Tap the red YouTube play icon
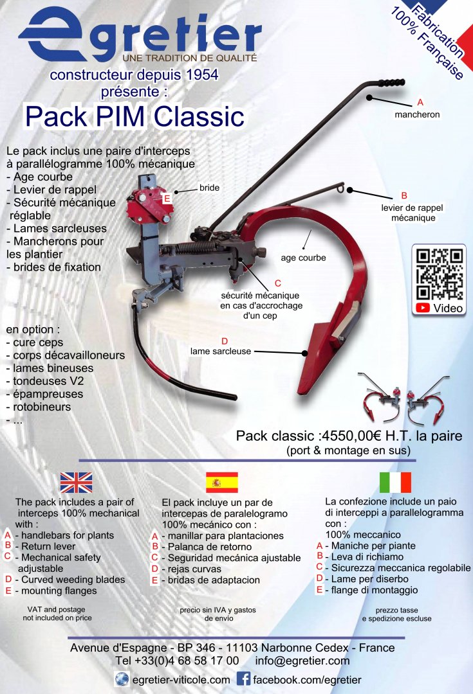coord(422,308)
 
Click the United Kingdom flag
coord(76,482)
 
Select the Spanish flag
coord(221,482)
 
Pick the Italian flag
coord(395,482)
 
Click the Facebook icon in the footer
coord(244,679)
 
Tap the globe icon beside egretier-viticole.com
coord(122,679)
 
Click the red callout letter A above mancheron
coord(420,103)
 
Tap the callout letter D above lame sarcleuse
coord(225,341)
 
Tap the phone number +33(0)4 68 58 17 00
coord(177,661)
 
